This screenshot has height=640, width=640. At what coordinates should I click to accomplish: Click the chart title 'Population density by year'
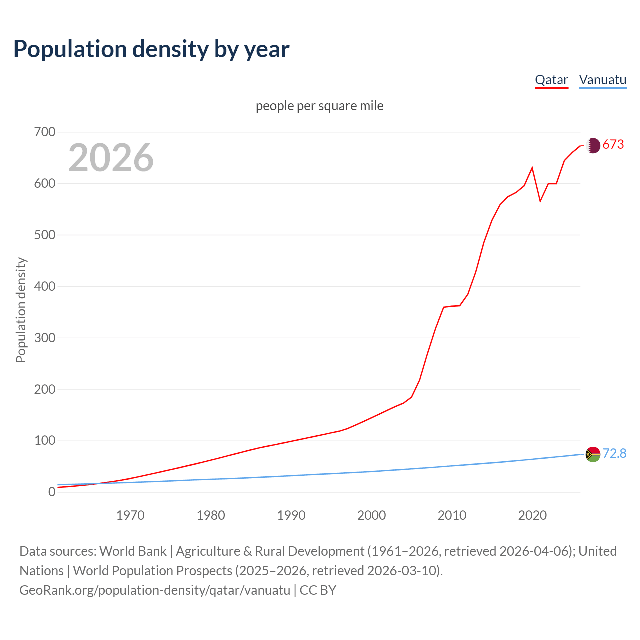151,49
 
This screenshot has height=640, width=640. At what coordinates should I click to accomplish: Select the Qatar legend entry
551,80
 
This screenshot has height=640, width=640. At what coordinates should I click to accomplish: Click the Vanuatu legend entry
602,80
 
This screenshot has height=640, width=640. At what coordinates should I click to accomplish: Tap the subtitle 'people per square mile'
320,106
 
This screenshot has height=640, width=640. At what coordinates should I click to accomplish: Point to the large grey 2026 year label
111,158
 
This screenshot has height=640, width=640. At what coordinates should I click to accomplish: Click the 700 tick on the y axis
45,132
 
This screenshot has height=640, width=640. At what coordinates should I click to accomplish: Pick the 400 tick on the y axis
45,287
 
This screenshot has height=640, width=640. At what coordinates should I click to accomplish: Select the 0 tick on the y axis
52,492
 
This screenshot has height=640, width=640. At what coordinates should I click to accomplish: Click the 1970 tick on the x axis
130,515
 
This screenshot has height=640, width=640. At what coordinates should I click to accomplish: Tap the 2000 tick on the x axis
371,515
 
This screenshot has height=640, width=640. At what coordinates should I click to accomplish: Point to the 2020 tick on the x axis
532,515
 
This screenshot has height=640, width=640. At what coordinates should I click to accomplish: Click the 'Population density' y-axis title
21,310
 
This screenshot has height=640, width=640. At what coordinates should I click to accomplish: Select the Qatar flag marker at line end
593,145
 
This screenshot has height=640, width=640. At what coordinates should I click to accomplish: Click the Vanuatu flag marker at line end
593,454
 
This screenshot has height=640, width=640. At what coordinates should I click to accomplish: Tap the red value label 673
613,145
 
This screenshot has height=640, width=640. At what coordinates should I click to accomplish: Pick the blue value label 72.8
614,453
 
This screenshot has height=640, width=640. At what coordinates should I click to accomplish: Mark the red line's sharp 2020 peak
532,168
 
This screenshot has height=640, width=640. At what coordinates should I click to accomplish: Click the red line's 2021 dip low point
540,201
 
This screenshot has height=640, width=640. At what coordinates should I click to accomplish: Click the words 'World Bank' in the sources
133,551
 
